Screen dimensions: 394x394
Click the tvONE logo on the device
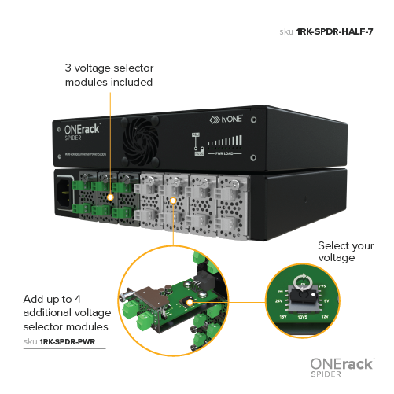(x=223, y=121)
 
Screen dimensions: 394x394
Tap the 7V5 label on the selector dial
(x=324, y=286)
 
